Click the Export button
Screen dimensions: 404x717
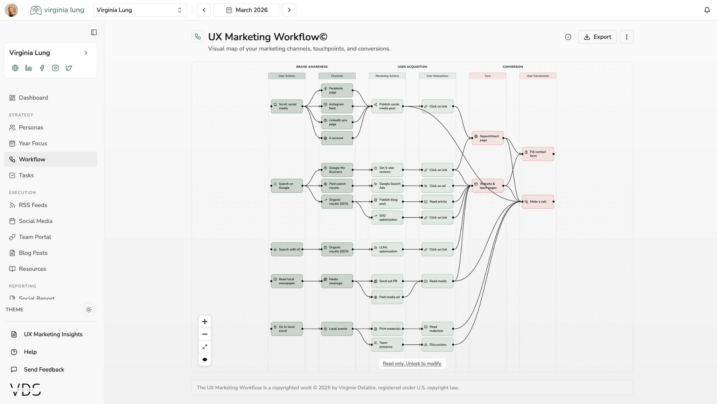pos(597,37)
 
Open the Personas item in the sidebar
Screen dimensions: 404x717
pos(31,128)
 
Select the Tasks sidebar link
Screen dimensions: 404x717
pos(26,175)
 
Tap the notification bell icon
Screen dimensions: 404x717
pos(707,10)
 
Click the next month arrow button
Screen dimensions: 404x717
pos(289,10)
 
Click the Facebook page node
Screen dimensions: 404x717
pos(337,90)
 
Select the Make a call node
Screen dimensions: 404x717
pos(538,202)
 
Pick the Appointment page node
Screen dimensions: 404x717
pos(487,138)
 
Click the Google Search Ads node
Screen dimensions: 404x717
pos(387,186)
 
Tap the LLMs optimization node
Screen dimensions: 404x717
pos(387,249)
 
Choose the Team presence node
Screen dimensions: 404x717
pos(387,345)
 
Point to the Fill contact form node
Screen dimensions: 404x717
pos(538,154)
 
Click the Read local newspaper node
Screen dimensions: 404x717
pos(287,281)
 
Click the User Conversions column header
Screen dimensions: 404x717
pos(538,76)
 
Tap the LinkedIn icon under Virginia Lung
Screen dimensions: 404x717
pos(28,68)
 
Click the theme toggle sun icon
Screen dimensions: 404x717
pos(89,310)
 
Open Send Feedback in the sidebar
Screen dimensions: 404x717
pos(44,370)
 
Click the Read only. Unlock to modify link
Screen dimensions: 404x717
pos(412,363)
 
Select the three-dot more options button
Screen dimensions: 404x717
pos(626,37)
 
